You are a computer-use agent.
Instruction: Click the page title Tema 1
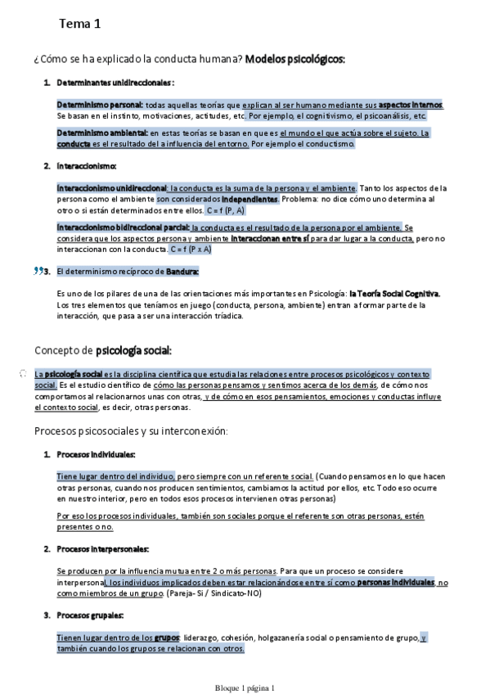click(x=79, y=25)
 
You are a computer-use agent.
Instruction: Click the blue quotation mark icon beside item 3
click(x=38, y=271)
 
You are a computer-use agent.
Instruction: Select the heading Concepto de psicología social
click(x=102, y=350)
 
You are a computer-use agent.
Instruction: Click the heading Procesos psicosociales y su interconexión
click(x=131, y=430)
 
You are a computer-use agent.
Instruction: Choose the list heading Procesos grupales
click(x=90, y=615)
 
